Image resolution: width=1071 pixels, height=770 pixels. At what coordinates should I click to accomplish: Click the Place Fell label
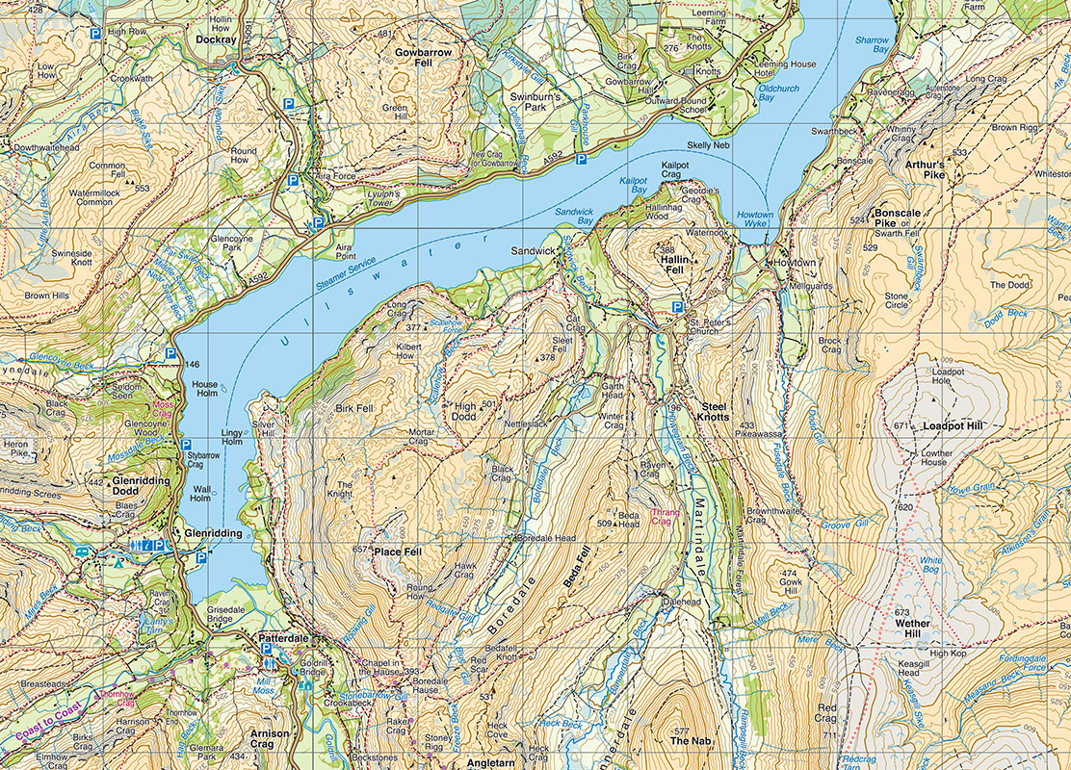tap(398, 552)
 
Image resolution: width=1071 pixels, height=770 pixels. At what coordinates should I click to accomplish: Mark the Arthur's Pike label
tap(925, 169)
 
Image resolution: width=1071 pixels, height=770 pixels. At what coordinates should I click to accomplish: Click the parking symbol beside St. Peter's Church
tap(678, 307)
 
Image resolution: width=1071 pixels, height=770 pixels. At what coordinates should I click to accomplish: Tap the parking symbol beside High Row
tap(94, 33)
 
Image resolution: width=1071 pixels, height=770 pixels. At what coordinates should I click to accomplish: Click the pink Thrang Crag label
tap(666, 518)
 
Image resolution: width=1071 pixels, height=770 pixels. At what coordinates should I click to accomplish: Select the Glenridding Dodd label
tap(141, 486)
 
